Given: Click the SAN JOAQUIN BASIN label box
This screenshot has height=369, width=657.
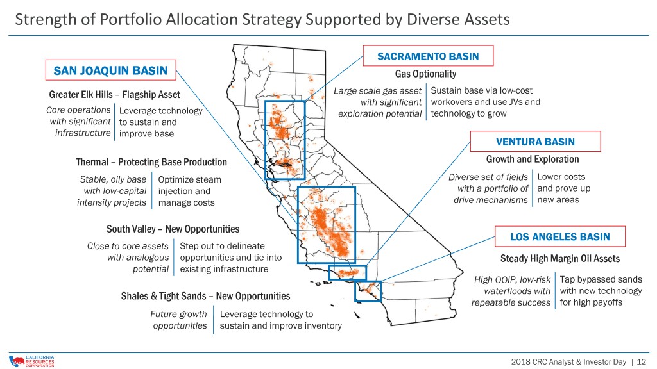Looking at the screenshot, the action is click(110, 70).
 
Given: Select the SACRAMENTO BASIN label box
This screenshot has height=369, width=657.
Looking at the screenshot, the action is click(428, 56).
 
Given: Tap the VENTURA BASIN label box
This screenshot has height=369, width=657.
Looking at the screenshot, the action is click(535, 142).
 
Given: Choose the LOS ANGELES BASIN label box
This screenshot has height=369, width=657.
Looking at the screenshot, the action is click(559, 236).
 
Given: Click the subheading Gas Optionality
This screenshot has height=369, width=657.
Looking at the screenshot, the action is click(425, 74).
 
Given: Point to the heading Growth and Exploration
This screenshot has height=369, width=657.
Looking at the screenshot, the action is click(533, 160).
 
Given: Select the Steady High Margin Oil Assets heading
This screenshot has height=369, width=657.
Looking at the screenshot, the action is click(559, 259).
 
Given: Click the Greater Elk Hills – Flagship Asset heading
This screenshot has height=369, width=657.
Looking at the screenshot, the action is click(114, 95).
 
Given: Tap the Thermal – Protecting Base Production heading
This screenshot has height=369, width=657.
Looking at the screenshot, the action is click(151, 162).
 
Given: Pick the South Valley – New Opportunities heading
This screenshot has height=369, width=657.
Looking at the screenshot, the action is click(173, 229).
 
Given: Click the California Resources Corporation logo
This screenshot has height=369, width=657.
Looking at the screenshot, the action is click(32, 361).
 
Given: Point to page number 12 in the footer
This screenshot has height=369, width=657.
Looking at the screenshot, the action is click(642, 362).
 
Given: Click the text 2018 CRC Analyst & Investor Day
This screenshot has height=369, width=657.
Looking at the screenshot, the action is click(568, 362).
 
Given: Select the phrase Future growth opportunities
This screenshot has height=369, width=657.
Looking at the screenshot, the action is click(178, 320).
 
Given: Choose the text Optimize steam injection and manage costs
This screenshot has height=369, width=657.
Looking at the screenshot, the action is click(189, 191).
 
